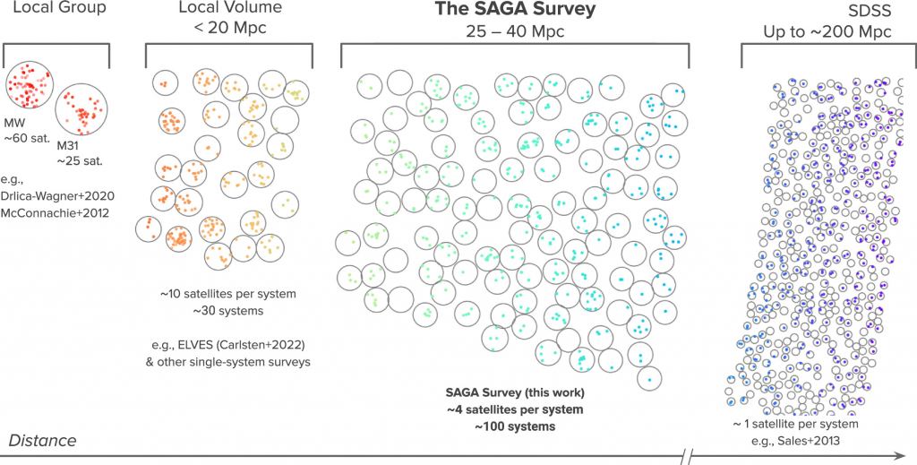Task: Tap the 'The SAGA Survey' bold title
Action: click(515, 10)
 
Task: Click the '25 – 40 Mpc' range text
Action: click(515, 30)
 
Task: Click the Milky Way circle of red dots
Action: click(29, 86)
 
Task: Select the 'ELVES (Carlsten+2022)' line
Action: click(228, 345)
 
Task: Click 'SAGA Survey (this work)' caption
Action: click(514, 392)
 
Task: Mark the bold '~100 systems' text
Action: click(514, 426)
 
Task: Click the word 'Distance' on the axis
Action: click(42, 441)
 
